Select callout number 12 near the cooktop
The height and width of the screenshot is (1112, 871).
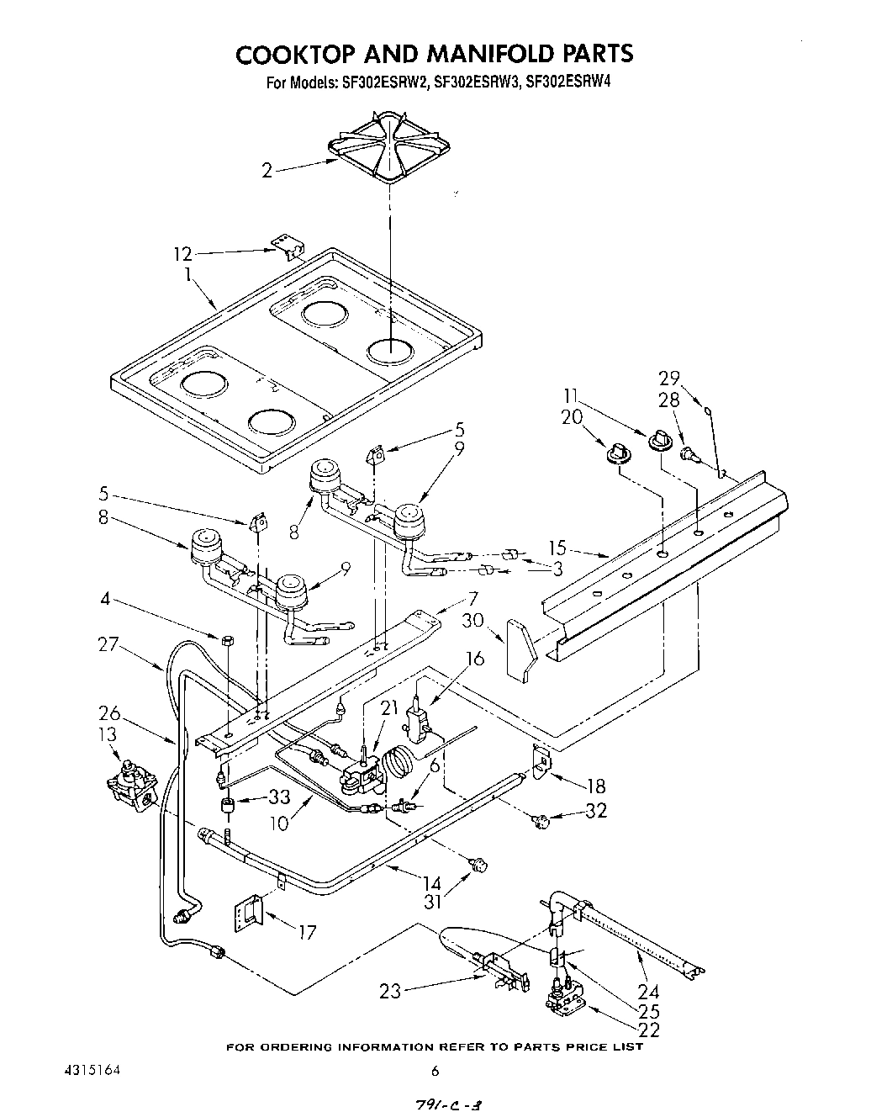pos(182,253)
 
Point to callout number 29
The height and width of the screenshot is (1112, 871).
pos(669,378)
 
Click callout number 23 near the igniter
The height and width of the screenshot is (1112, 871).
pos(390,992)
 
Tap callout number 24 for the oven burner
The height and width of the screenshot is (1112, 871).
pos(672,992)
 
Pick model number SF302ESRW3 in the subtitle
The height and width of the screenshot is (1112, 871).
pos(474,83)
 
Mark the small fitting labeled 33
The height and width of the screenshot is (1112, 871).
pos(226,808)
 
